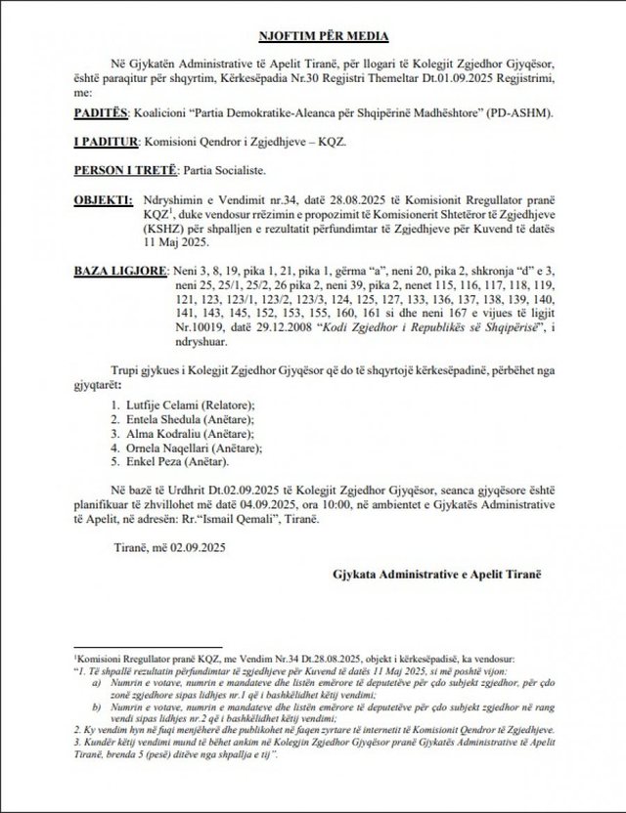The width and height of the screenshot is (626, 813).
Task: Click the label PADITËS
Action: [103, 113]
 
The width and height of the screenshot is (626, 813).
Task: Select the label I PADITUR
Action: [108, 142]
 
